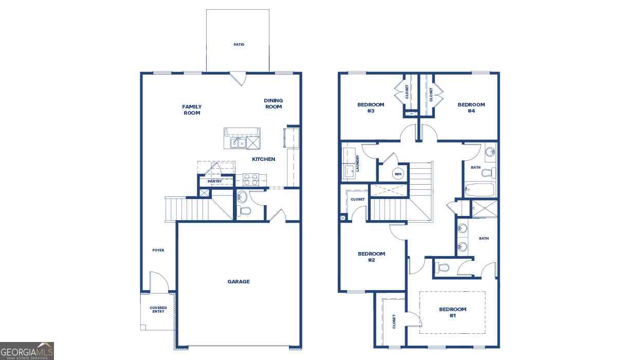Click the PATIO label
[x=239, y=45]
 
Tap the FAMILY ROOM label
[x=192, y=110]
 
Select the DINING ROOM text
[x=273, y=103]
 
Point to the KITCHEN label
[x=263, y=159]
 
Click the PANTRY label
[x=214, y=182]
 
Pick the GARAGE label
[x=239, y=282]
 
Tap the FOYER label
[x=158, y=250]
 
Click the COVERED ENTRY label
[x=158, y=310]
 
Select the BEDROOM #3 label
[x=371, y=108]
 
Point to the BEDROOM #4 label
[x=471, y=108]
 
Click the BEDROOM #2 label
[x=372, y=257]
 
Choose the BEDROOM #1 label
[x=453, y=313]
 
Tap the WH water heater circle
[x=398, y=174]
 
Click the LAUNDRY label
[x=357, y=164]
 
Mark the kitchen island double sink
[x=239, y=142]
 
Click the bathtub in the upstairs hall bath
[x=480, y=190]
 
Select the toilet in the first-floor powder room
[x=244, y=211]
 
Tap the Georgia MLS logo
[x=27, y=351]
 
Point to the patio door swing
[x=239, y=78]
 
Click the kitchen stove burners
[x=250, y=179]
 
